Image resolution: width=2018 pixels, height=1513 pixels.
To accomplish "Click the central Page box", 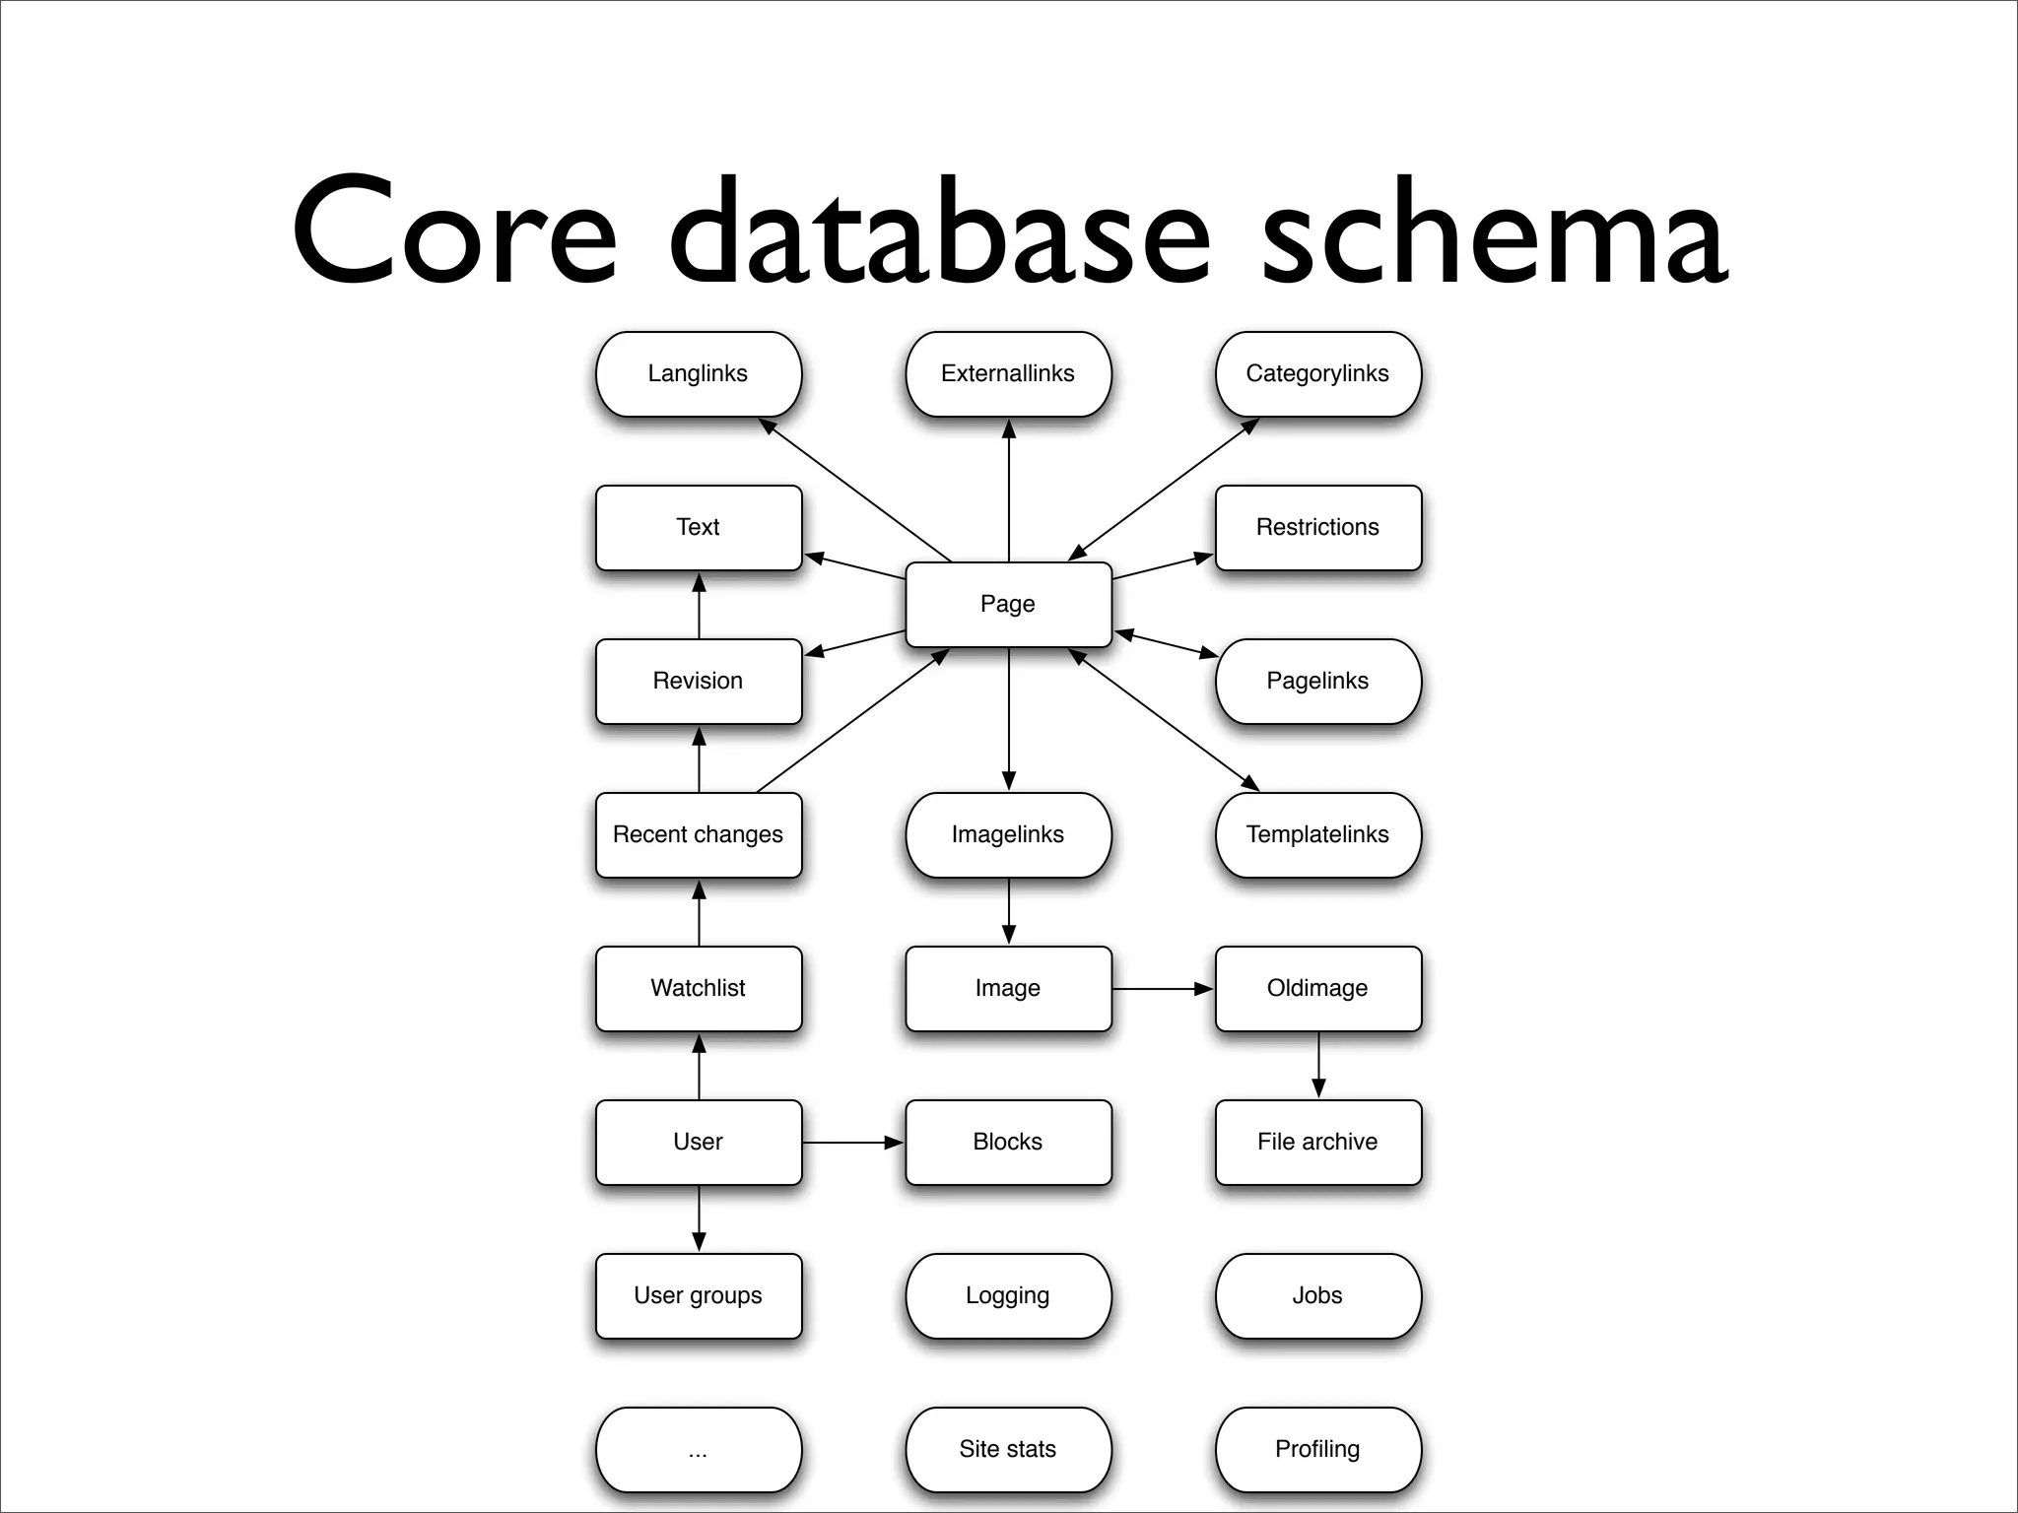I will pos(1008,604).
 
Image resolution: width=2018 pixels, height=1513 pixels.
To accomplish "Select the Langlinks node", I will pos(698,373).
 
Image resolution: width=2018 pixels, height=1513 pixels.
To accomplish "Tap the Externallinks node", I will pos(1008,373).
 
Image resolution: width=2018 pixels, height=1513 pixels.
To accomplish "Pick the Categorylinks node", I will pos(1317,373).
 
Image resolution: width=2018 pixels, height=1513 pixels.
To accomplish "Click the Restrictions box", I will pos(1317,527).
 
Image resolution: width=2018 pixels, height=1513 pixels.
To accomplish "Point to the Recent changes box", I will pos(698,834).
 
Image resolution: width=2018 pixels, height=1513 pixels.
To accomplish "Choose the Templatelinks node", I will pos(1317,834).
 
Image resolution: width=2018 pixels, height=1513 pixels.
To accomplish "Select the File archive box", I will pos(1317,1142).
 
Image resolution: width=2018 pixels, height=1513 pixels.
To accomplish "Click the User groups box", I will pos(698,1295).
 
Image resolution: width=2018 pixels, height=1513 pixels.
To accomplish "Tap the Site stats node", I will pos(1008,1449).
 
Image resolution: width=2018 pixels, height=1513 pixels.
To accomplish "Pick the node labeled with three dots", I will pos(698,1449).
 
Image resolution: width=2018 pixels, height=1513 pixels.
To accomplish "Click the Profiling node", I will pos(1317,1449).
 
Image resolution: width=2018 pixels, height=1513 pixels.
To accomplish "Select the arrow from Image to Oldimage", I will pos(1163,988).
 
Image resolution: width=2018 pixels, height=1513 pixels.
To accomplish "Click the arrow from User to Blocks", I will pos(852,1143).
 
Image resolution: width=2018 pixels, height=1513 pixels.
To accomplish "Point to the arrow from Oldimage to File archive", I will pos(1318,1065).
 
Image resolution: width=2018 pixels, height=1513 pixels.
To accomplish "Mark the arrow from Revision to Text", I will pos(699,606).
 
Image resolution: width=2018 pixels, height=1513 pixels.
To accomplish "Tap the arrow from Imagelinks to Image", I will pos(1008,911).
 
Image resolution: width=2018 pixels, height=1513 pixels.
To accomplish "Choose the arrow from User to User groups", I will pos(699,1218).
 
